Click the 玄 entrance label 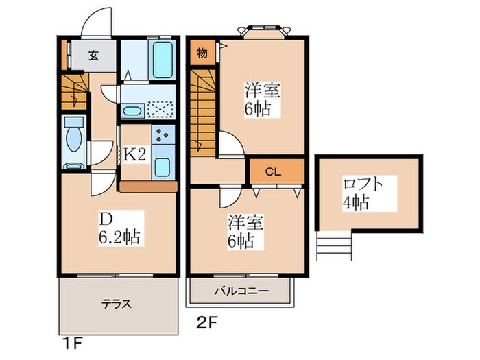93,56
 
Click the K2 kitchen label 134,155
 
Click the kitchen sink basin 163,167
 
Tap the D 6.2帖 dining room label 119,229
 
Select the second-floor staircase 204,110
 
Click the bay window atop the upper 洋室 263,30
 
